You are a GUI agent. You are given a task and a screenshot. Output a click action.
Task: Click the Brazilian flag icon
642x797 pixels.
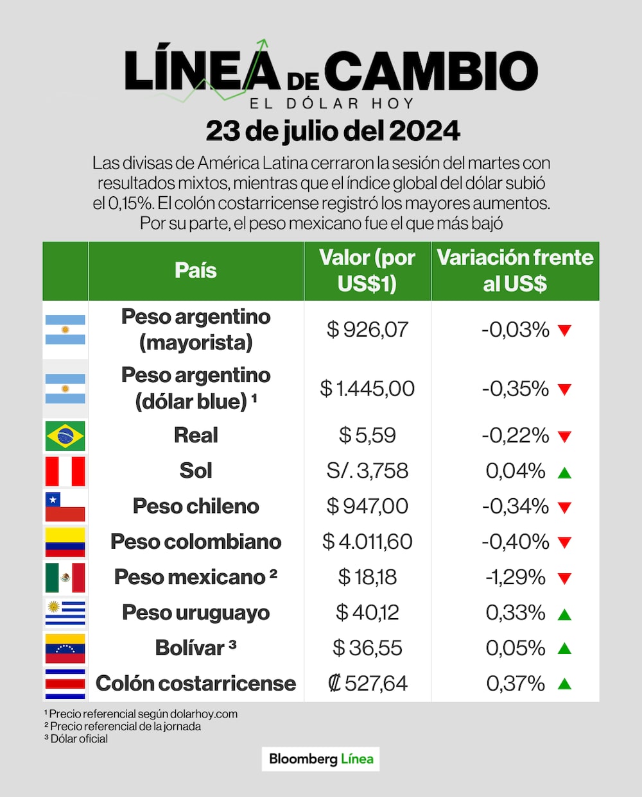(x=65, y=436)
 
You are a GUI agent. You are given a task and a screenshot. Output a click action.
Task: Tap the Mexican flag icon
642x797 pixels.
(x=65, y=577)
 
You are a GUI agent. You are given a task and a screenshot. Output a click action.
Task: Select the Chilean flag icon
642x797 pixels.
(x=65, y=507)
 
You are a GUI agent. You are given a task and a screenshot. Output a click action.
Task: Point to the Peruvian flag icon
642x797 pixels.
(x=65, y=471)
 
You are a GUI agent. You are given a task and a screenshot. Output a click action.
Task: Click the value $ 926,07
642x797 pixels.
(x=367, y=330)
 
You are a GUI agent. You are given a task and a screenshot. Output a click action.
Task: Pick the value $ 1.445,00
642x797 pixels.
(x=367, y=389)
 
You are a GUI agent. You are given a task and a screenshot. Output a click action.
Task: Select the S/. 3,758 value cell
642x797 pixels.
(x=367, y=471)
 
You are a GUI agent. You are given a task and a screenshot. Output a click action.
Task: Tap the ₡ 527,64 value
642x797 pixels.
(x=367, y=684)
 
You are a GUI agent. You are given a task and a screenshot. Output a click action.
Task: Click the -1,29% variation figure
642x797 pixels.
(x=516, y=577)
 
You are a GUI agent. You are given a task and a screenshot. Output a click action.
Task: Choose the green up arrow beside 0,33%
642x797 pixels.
(x=564, y=614)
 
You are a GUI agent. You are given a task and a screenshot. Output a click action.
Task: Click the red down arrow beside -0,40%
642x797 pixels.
(x=564, y=542)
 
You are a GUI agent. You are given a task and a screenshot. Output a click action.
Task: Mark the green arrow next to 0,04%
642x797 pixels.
(x=564, y=473)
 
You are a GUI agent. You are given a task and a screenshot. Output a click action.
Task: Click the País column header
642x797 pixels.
(x=196, y=271)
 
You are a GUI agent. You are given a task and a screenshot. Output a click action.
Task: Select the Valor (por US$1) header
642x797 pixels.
(x=367, y=271)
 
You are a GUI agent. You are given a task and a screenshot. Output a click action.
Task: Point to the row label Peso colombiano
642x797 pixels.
(x=196, y=542)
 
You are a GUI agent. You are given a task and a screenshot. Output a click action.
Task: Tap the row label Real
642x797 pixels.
(x=196, y=435)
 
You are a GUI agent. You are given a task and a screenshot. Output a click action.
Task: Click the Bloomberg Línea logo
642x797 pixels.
(x=321, y=759)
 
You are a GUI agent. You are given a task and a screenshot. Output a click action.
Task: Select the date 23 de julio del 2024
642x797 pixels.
(x=333, y=131)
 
